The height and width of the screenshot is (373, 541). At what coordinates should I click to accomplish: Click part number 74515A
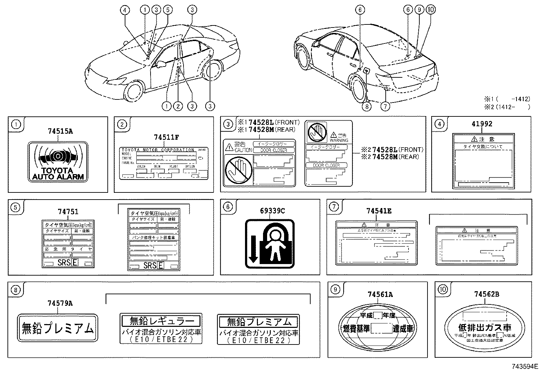[x=60, y=131]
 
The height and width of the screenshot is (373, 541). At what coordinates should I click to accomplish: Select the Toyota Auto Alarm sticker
[x=57, y=162]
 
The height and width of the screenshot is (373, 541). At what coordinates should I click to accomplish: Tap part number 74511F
[x=166, y=137]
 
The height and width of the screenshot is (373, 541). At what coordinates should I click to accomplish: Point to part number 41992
[x=482, y=124]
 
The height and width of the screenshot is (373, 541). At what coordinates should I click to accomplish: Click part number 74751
[x=68, y=211]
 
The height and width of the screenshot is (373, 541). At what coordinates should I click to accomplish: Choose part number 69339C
[x=272, y=211]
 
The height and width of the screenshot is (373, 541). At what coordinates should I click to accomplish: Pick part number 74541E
[x=379, y=211]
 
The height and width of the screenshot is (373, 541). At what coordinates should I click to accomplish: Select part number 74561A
[x=380, y=294]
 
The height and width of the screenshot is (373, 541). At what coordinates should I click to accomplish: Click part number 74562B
[x=487, y=294]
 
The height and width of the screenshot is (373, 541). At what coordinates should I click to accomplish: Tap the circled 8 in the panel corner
[x=16, y=290]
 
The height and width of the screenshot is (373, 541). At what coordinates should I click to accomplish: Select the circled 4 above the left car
[x=125, y=10]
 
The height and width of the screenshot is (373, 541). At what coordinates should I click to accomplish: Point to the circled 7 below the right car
[x=385, y=106]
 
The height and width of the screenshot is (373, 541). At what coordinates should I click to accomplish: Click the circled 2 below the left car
[x=178, y=106]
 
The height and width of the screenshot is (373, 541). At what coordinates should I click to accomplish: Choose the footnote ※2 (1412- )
[x=507, y=107]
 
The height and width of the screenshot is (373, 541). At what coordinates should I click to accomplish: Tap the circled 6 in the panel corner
[x=228, y=207]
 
